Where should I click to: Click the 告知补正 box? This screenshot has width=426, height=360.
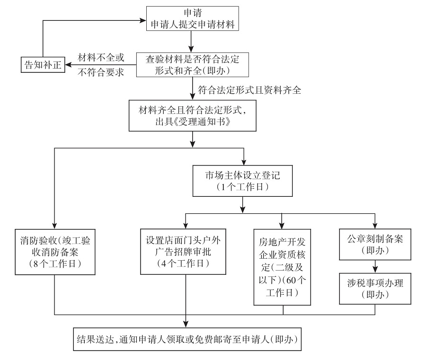43,64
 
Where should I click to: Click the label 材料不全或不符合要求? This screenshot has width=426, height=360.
100,65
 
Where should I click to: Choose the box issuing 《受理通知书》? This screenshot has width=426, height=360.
192,115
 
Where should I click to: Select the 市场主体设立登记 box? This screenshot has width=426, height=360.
242,180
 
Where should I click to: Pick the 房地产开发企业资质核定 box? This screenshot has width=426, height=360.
282,266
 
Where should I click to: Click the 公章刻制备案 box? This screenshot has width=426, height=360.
375,244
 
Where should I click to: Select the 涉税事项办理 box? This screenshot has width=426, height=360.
375,288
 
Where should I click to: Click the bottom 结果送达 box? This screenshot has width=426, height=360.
187,338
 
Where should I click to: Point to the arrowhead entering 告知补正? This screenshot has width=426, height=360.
68,64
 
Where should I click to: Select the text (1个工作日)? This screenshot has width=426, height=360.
242,187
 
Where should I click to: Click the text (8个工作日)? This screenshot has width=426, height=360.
55,264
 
